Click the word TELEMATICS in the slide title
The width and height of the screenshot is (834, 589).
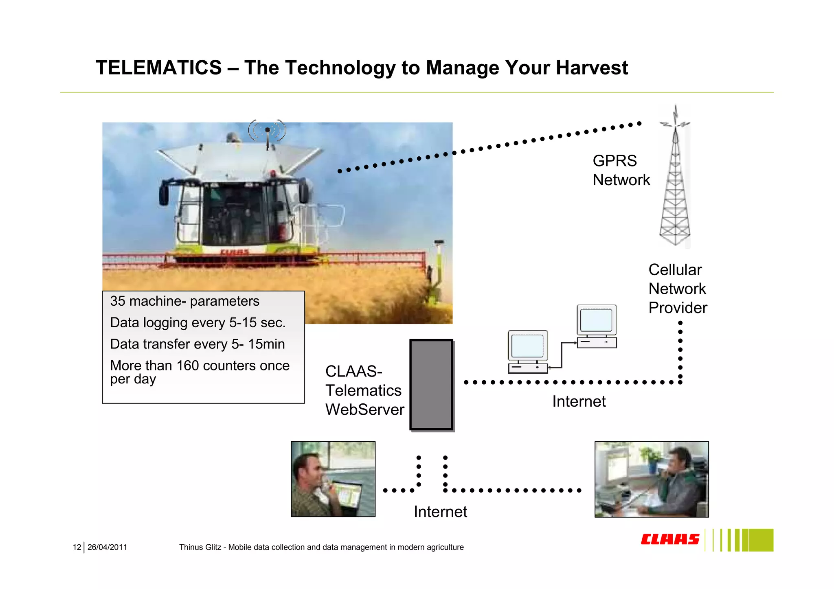tap(158, 68)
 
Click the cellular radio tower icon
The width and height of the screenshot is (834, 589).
tap(675, 179)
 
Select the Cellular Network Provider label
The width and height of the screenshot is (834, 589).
tap(677, 289)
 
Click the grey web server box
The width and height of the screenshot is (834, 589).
tap(431, 385)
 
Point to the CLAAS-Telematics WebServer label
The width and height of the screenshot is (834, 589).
tap(364, 390)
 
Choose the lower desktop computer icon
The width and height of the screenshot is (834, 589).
tap(528, 352)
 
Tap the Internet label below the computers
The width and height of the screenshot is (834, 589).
tap(579, 401)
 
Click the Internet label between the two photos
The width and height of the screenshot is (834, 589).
tap(440, 512)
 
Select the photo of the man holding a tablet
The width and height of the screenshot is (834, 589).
tap(333, 479)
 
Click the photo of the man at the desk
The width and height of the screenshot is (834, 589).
tap(651, 479)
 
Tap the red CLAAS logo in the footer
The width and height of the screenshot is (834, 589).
tap(670, 539)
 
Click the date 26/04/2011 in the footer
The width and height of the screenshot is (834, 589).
tap(107, 547)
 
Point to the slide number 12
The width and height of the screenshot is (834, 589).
tap(77, 547)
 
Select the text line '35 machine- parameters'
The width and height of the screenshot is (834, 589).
tap(184, 301)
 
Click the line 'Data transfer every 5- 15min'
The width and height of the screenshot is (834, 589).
tap(198, 344)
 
